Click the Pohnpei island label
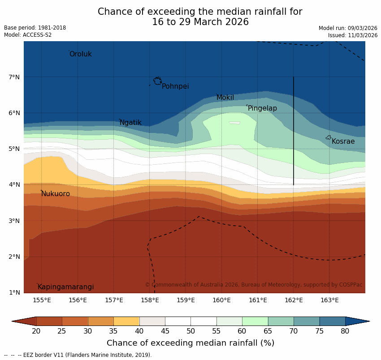(x=175, y=86)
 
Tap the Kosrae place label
(x=343, y=141)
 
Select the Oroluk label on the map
(x=80, y=54)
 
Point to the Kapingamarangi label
(x=65, y=287)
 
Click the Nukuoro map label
(x=56, y=194)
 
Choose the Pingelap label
(x=262, y=108)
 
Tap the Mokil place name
(x=225, y=98)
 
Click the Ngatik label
(x=130, y=123)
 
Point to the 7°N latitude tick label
(x=14, y=77)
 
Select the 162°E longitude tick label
(x=294, y=300)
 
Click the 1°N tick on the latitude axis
(x=14, y=292)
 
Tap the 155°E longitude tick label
(x=42, y=300)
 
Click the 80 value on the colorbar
(x=345, y=331)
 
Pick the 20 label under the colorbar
(x=36, y=331)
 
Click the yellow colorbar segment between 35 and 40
(x=126, y=321)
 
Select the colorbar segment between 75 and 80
(x=332, y=321)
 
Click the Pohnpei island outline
(x=157, y=81)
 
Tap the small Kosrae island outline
(x=329, y=137)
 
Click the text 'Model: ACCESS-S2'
(x=28, y=35)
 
